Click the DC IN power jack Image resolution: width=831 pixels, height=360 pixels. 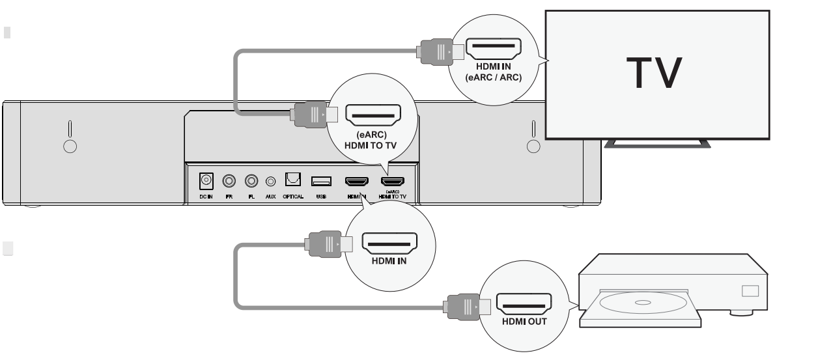tap(206, 180)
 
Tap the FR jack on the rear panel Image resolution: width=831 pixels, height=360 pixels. tap(229, 180)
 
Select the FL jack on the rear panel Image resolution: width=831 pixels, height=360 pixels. tap(251, 180)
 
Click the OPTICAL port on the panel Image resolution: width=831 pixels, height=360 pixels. tap(293, 180)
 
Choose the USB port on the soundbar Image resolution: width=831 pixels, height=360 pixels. tap(322, 180)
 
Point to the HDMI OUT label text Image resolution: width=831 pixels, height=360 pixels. tap(524, 322)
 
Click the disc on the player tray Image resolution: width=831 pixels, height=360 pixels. tap(641, 303)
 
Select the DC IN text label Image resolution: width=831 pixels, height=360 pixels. tap(206, 196)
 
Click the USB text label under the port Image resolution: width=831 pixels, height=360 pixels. tap(322, 196)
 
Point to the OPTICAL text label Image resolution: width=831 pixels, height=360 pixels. tap(293, 196)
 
